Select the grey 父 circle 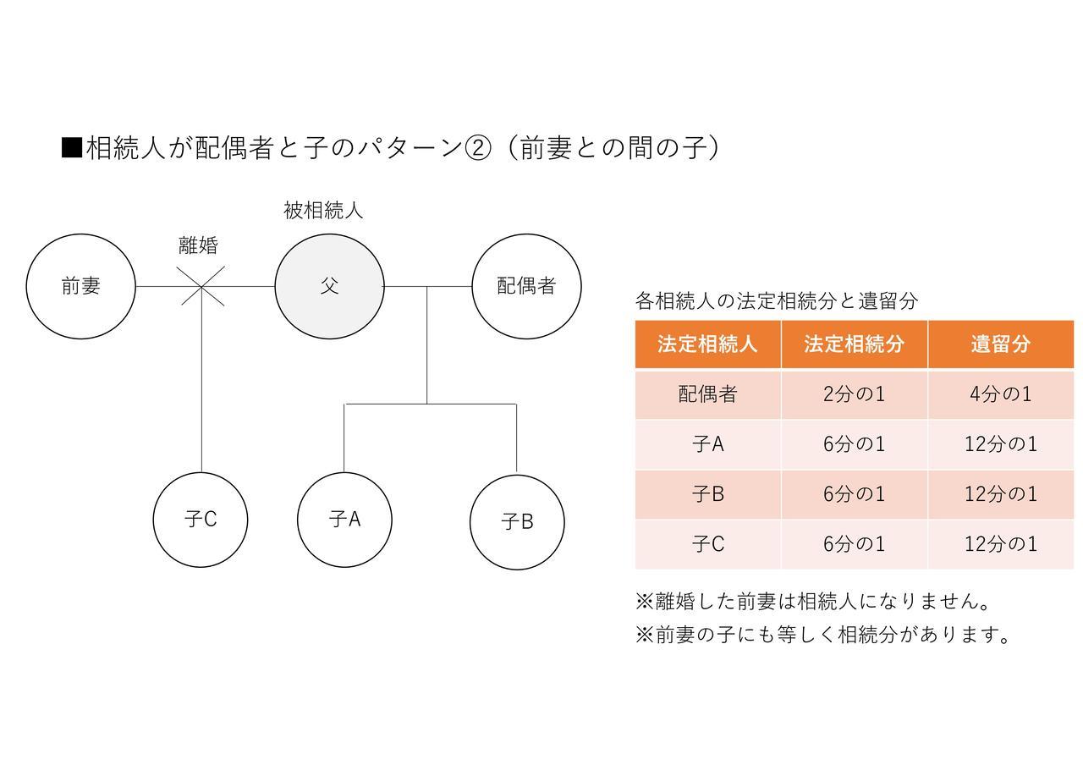(330, 286)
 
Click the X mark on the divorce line (201, 286)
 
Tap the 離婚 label (198, 245)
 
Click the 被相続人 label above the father (323, 211)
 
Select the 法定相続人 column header (708, 344)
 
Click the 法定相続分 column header (855, 344)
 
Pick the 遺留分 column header (1001, 344)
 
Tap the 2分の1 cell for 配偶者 (855, 394)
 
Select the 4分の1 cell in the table (1001, 394)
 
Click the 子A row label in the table (708, 444)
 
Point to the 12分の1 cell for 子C (1001, 544)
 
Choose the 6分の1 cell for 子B (855, 493)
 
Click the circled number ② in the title (478, 148)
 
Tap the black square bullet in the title (72, 147)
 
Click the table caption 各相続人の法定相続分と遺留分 (777, 300)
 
